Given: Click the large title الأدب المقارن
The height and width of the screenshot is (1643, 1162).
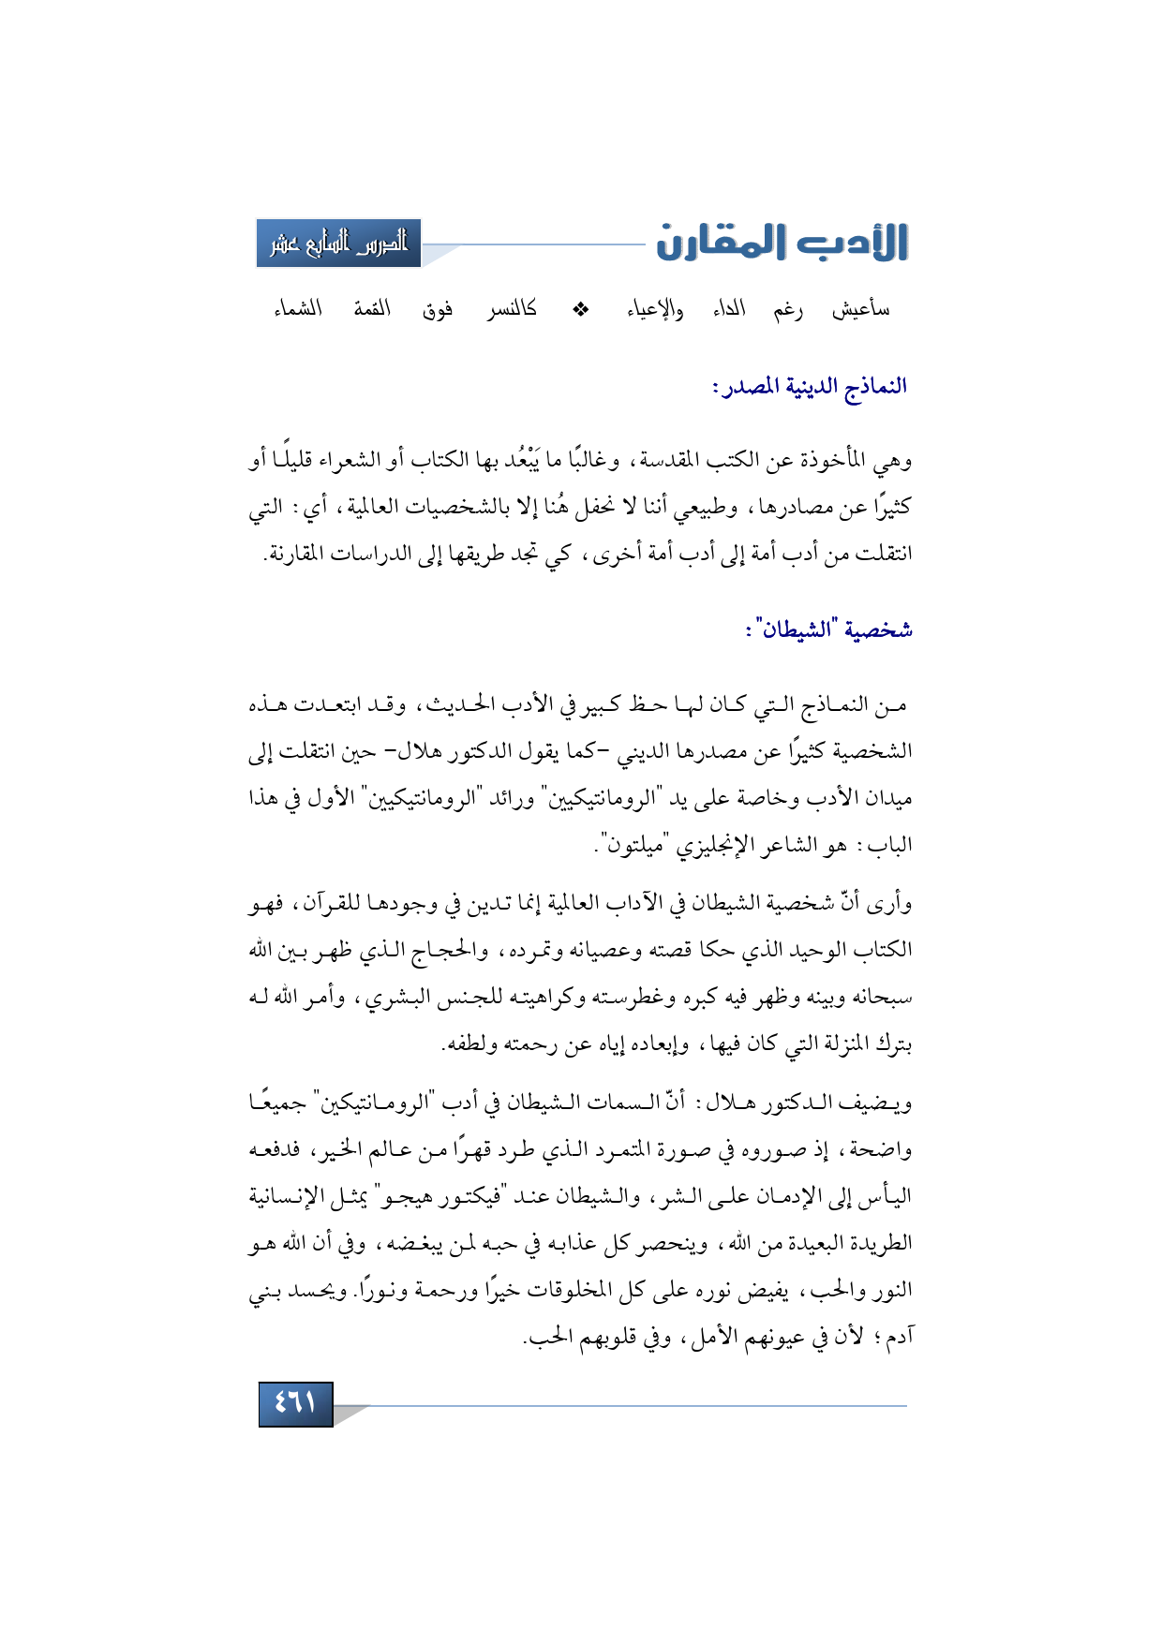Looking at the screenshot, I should pos(782,243).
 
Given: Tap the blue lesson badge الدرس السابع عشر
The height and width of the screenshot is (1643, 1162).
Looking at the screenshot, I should pos(338,244).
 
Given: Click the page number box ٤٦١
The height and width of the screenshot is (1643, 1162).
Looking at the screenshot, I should pos(295,1403).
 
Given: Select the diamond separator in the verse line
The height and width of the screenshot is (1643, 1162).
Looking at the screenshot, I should pos(581,309).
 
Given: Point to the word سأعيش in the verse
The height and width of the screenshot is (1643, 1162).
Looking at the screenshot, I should pos(860,309).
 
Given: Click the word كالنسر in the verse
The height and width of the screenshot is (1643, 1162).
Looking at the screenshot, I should pos(512,309).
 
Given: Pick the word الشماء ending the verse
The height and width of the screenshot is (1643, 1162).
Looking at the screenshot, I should pos(298,309).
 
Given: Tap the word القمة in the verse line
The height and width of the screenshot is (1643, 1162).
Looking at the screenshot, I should pos(372,309).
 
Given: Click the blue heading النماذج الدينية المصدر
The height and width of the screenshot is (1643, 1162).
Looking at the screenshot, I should pos(810,387).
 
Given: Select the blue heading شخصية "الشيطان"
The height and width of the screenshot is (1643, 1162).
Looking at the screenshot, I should pos(829,629).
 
